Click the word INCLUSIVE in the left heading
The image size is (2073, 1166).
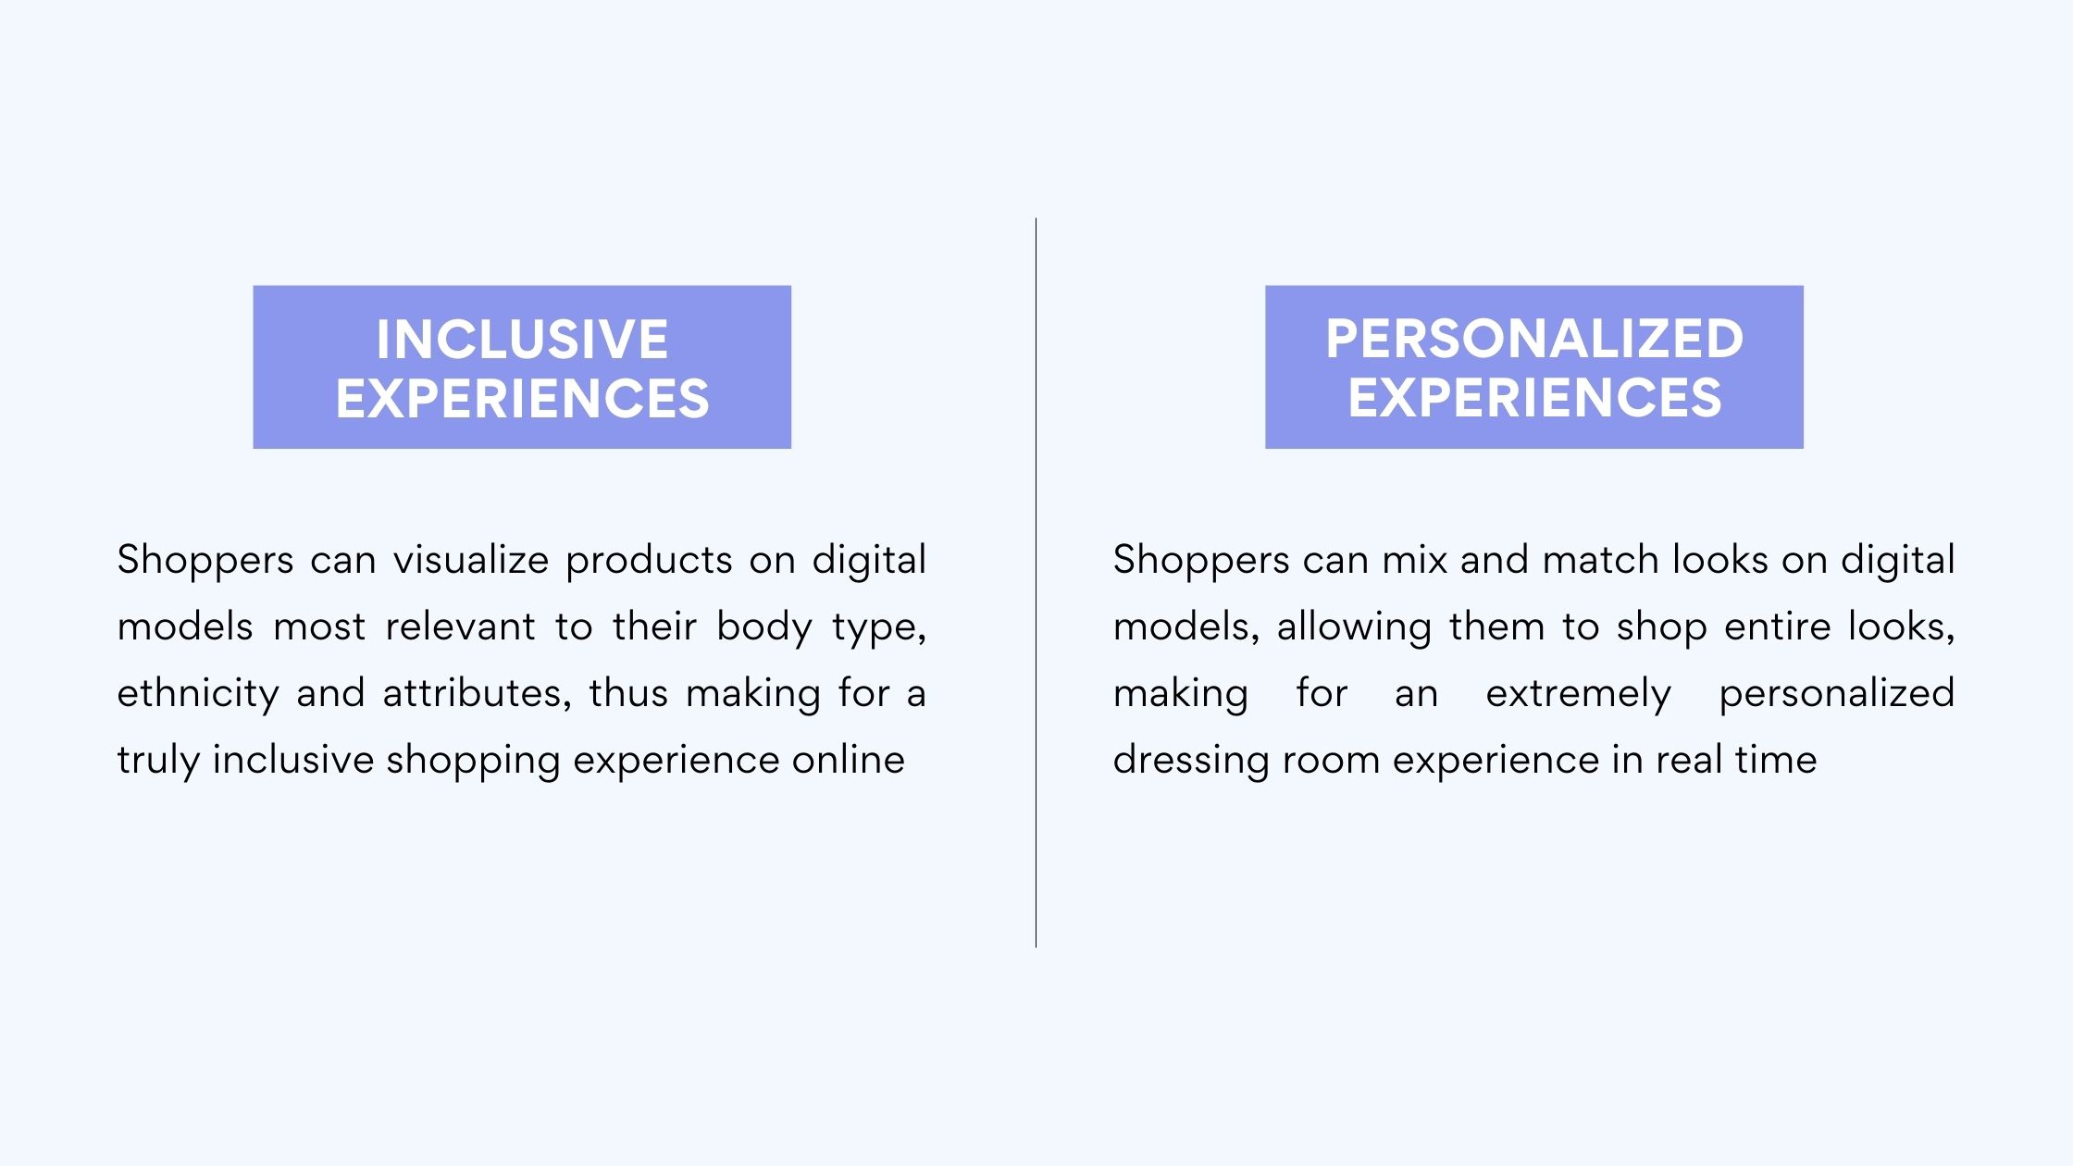pos(522,339)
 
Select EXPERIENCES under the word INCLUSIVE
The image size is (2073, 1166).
pos(522,398)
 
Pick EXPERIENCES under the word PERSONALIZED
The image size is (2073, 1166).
pos(1534,398)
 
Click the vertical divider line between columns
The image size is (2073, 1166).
pos(1036,582)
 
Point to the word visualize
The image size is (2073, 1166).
pos(471,560)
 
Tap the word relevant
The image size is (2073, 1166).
pos(460,626)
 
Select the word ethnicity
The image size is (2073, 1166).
pos(198,694)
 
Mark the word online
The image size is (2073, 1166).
pos(848,760)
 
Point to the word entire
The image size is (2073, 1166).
pos(1778,626)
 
